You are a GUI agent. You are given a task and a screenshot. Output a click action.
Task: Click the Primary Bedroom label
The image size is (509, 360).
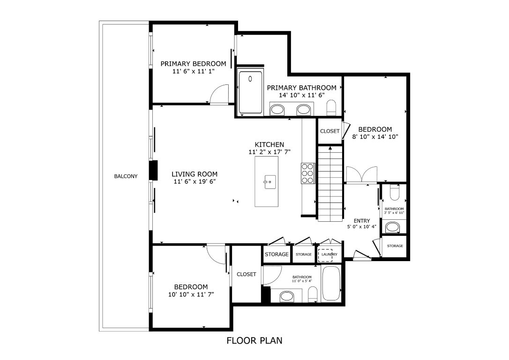tap(193, 64)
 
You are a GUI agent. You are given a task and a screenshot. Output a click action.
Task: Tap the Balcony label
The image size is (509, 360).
tap(126, 176)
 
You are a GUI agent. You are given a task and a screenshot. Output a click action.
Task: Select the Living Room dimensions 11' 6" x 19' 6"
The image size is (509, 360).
tap(194, 181)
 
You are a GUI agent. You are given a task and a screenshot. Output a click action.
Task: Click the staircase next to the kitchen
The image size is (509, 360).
tap(330, 183)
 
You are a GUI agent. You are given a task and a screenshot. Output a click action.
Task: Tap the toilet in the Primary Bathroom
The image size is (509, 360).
tap(331, 107)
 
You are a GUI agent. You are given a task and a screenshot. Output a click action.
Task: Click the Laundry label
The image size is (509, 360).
tap(329, 255)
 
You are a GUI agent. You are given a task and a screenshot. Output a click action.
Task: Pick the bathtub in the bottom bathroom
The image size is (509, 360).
tap(332, 284)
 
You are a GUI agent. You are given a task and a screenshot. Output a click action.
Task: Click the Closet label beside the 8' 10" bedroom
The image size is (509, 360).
tap(329, 131)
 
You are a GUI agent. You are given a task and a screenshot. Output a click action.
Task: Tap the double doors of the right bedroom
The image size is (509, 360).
tap(360, 175)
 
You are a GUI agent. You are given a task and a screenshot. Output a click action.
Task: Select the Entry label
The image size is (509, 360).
tap(361, 221)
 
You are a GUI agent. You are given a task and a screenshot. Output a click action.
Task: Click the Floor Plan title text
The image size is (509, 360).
tap(254, 340)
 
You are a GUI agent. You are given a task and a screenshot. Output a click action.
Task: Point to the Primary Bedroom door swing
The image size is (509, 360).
tap(219, 94)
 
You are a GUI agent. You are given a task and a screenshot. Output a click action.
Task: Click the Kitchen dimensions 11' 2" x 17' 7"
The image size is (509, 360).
tap(269, 152)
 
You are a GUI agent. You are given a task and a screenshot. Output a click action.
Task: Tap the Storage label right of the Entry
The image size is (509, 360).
tap(395, 246)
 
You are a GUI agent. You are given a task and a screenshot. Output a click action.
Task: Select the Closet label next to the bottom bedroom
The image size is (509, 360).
tap(246, 274)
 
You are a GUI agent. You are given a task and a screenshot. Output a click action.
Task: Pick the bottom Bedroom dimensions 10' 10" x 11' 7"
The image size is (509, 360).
tap(191, 294)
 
